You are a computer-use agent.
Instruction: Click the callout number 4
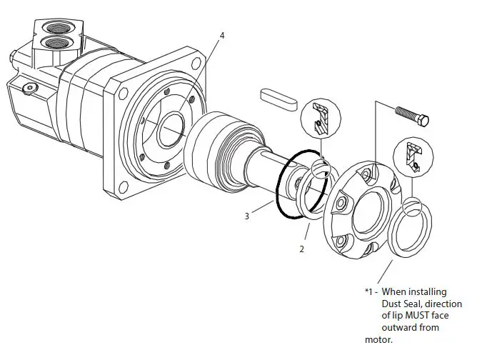222,36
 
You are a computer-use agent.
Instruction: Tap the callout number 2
302,249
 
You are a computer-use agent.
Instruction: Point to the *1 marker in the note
368,291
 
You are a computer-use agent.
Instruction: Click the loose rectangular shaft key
278,99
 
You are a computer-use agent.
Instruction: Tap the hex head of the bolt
423,121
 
